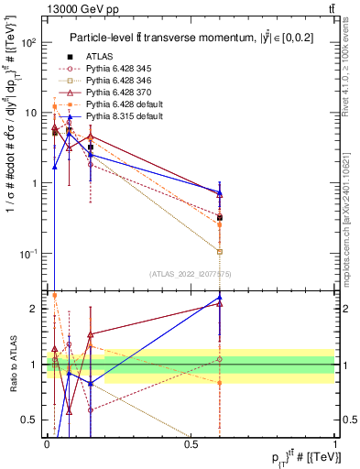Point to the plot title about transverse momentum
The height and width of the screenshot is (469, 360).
pyautogui.click(x=191, y=37)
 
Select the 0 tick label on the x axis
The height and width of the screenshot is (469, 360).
pyautogui.click(x=47, y=442)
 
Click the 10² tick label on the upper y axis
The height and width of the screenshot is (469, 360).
pyautogui.click(x=30, y=43)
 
